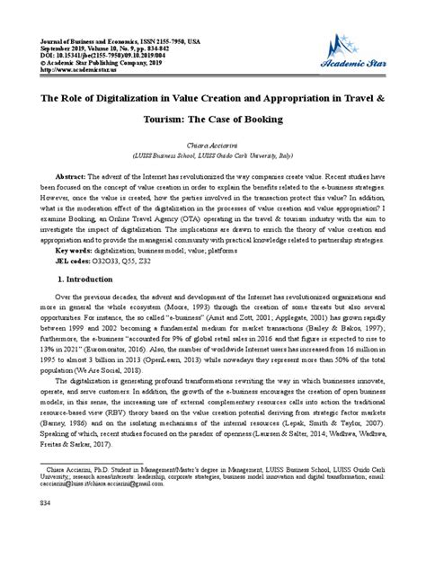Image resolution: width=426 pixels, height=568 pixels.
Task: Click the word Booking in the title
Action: coord(250,120)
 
